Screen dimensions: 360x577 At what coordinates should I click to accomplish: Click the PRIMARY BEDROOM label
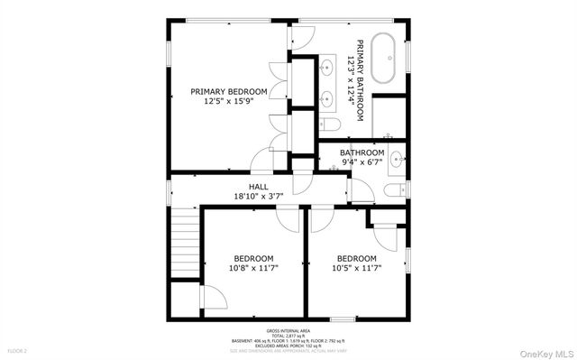pos(228,91)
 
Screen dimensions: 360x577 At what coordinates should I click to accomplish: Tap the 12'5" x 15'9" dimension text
pos(228,102)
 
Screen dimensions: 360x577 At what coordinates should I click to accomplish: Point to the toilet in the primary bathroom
pos(329,124)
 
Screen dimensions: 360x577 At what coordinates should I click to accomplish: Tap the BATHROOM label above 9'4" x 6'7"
pos(362,153)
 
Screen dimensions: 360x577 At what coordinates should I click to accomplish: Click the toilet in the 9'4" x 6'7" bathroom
pos(394,188)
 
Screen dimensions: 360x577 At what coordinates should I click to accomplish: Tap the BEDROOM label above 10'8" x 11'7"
pos(254,257)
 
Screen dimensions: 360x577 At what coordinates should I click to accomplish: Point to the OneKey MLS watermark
pos(543,351)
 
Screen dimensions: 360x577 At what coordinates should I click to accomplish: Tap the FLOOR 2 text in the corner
pos(17,349)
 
